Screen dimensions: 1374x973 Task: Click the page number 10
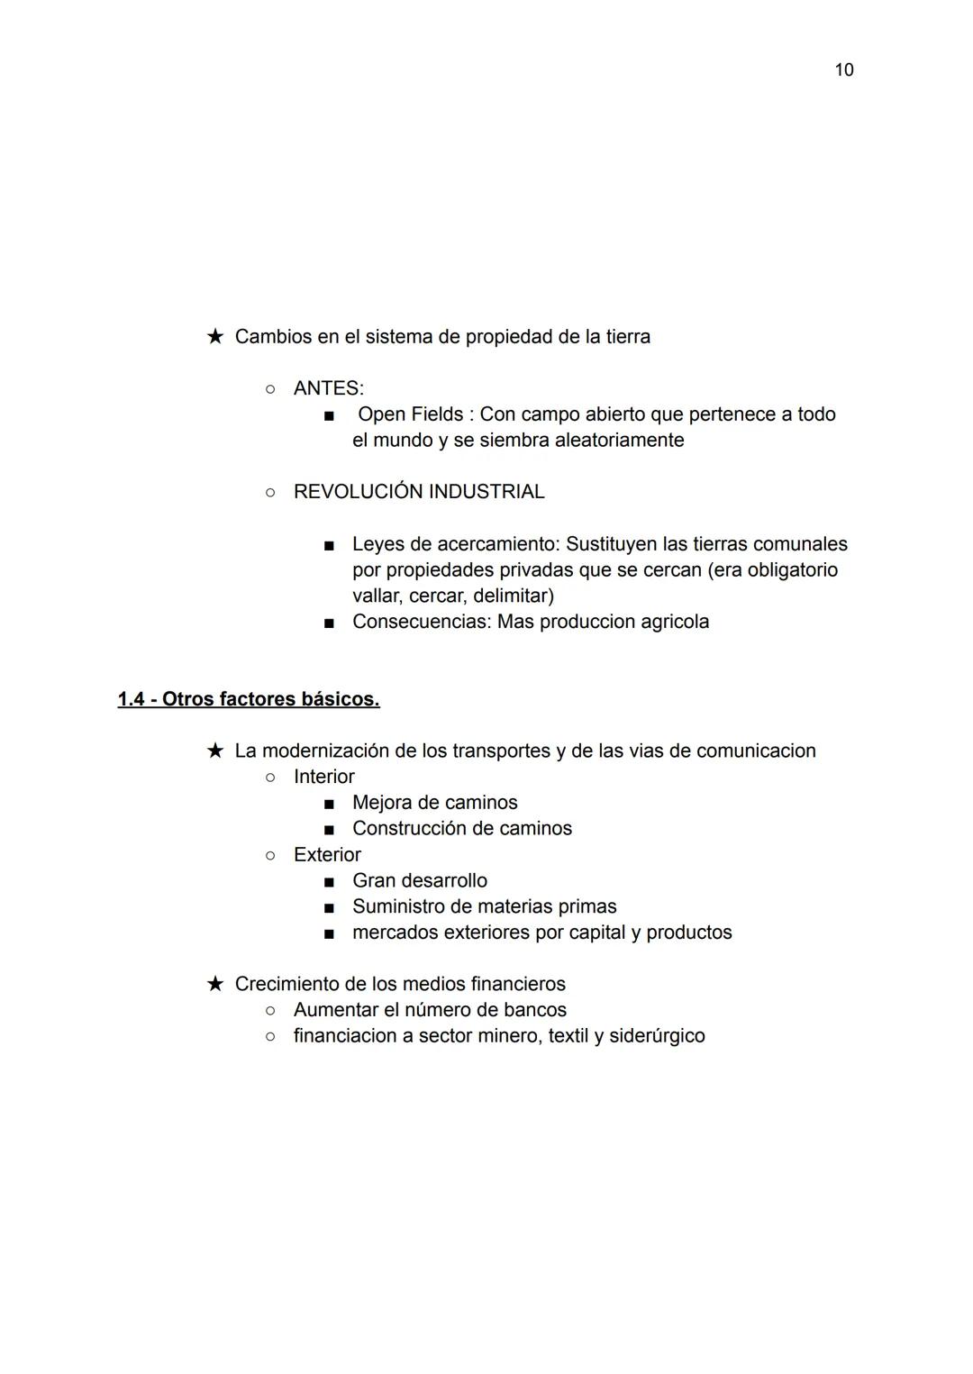click(843, 70)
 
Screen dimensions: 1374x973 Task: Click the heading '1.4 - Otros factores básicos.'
click(249, 699)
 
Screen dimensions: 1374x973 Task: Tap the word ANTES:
click(328, 388)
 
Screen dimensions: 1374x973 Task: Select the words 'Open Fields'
click(410, 414)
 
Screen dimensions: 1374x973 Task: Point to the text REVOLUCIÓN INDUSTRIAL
click(419, 492)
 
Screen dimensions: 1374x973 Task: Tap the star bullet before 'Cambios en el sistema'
click(214, 337)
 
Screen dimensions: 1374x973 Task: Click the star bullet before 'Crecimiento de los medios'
click(214, 984)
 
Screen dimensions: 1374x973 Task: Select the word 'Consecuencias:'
click(422, 622)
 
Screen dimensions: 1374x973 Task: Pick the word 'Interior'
click(323, 777)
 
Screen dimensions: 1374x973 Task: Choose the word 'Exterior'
click(326, 855)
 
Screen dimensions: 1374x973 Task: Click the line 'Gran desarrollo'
click(419, 881)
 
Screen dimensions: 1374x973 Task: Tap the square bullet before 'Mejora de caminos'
click(329, 804)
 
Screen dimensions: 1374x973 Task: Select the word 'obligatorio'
click(793, 570)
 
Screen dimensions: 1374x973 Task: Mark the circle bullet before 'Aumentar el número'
click(269, 1011)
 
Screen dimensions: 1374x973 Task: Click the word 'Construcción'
click(408, 829)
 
